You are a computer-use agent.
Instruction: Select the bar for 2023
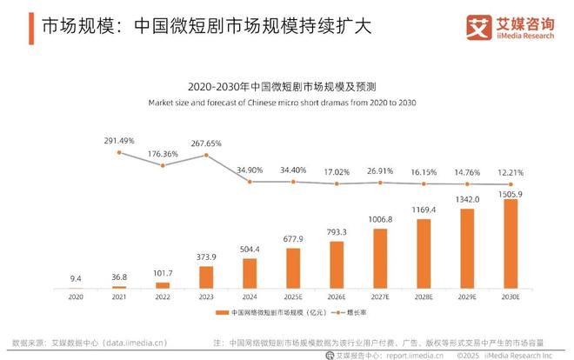[206, 277]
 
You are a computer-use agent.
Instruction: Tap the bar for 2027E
[380, 258]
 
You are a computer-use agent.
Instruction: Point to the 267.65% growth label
[206, 143]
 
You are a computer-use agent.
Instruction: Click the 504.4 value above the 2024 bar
[250, 248]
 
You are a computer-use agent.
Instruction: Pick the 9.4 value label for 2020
[76, 278]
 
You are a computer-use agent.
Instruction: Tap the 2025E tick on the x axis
[293, 296]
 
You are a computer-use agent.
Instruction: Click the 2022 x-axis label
[163, 296]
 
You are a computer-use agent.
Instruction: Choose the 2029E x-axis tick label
[468, 296]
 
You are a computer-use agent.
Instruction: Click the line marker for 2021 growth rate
[119, 152]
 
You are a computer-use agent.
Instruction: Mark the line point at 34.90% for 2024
[250, 181]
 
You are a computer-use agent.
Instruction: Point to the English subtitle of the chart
[286, 103]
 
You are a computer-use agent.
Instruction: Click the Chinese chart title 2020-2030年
[286, 88]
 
